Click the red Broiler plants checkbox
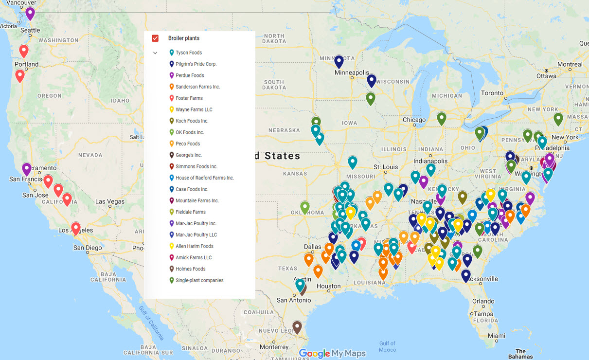tap(155, 38)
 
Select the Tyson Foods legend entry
tap(189, 53)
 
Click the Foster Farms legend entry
tap(189, 98)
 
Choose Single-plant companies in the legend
tap(199, 280)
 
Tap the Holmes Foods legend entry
tap(190, 269)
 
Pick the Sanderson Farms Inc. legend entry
tap(197, 87)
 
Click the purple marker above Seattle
tap(30, 13)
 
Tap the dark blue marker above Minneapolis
tap(339, 61)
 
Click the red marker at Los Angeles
tap(76, 228)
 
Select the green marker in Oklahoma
tap(305, 207)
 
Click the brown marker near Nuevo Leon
tap(297, 327)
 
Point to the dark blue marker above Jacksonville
tap(466, 276)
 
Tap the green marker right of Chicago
tap(442, 118)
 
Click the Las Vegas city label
tap(110, 201)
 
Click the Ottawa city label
tap(546, 76)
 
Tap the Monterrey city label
tap(274, 347)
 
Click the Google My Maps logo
tap(332, 354)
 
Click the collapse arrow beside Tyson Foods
tap(155, 53)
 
